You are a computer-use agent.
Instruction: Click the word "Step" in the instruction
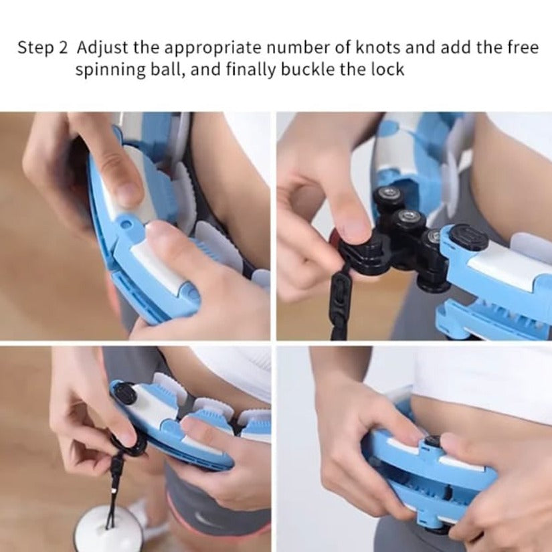pos(37,48)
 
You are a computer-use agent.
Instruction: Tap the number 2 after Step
pos(63,48)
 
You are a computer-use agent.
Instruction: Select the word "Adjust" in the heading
pos(102,48)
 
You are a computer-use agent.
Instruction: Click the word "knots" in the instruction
pos(377,48)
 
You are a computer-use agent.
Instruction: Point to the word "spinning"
pos(110,70)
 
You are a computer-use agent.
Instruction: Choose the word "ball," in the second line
pos(168,69)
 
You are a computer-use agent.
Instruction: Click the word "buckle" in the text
pos(307,69)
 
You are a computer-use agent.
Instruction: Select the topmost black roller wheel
pos(391,197)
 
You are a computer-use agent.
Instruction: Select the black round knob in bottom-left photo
pos(125,395)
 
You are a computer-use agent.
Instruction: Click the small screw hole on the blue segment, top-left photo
pos(126,223)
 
